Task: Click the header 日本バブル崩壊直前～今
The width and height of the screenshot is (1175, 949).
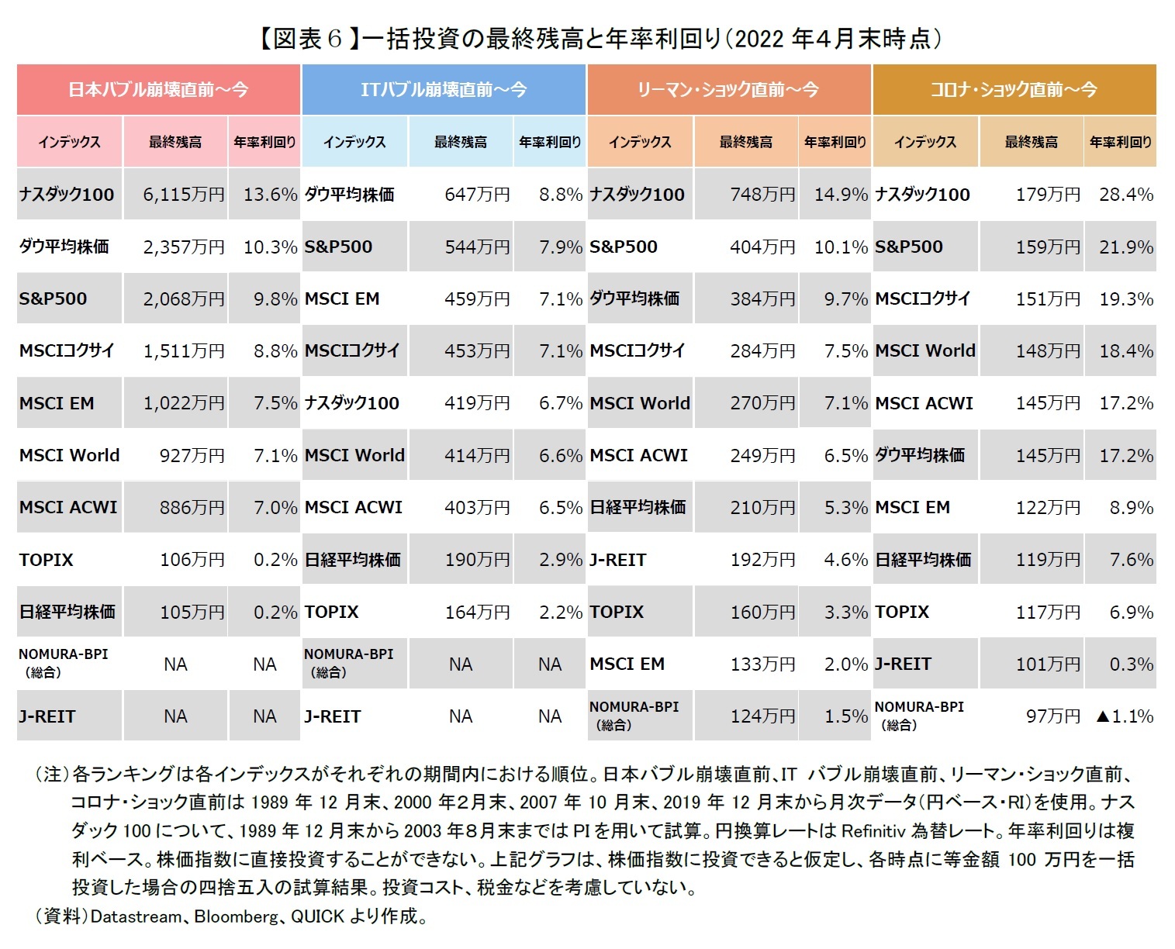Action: [158, 90]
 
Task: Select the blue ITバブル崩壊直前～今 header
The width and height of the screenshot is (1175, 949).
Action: [443, 90]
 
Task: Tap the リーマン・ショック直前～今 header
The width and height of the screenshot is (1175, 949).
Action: [728, 90]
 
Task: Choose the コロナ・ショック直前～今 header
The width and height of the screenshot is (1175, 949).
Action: [1014, 90]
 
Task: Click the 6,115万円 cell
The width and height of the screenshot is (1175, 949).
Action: [183, 195]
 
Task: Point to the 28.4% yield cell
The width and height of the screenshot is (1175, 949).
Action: [1125, 195]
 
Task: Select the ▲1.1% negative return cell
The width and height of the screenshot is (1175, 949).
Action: [1124, 716]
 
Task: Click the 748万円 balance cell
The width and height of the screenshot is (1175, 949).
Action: [762, 195]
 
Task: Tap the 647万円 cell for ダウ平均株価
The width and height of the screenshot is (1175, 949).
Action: [477, 195]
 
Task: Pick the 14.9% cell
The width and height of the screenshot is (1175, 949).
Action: [840, 195]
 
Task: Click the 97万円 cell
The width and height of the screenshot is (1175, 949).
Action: [1052, 716]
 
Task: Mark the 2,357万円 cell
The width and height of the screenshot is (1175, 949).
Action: [183, 247]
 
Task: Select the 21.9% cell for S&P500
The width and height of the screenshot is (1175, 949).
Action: [1125, 247]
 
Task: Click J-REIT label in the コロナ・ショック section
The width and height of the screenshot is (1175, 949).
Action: [903, 664]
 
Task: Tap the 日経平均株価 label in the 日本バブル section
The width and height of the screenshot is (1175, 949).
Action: [67, 612]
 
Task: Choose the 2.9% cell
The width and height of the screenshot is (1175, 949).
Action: [560, 560]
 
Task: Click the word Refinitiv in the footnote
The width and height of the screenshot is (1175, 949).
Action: [873, 831]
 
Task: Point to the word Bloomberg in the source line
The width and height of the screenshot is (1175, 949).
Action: [236, 916]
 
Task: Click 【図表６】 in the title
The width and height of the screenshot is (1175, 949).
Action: [307, 39]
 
